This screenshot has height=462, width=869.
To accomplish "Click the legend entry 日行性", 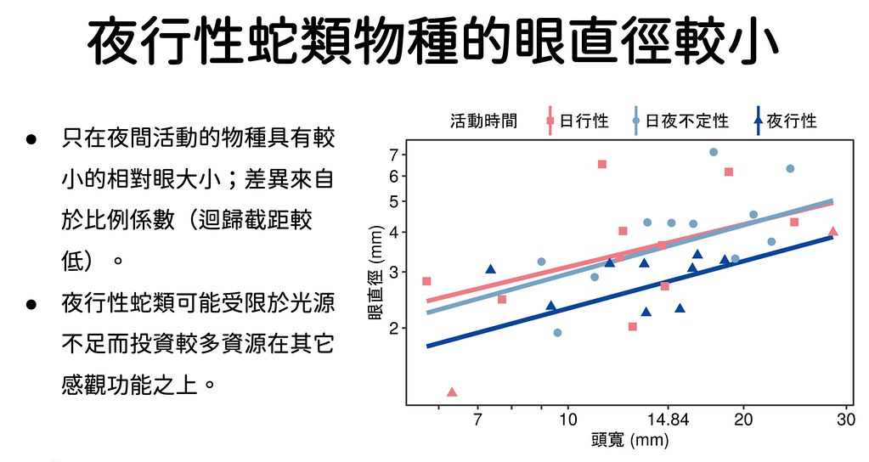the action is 577,121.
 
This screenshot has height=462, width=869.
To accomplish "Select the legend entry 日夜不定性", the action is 680,121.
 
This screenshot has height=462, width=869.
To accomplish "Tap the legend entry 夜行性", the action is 785,121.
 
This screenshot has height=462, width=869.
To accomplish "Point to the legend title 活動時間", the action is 484,121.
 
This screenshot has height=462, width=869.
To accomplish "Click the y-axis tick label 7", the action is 394,155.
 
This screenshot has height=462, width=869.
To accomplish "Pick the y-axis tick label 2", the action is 394,329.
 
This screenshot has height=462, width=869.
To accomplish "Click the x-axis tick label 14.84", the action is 669,420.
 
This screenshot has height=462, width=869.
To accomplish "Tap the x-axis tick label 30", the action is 846,420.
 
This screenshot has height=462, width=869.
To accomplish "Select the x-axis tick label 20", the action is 743,420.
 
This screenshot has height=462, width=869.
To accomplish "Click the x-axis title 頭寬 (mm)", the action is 630,441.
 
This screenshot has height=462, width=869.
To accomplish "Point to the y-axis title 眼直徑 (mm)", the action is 375,273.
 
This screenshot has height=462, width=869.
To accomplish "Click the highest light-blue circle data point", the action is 714,152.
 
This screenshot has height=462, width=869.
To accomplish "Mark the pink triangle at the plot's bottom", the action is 452,392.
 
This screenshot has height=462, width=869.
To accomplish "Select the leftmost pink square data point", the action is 426,281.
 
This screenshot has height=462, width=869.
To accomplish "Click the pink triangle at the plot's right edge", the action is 832,232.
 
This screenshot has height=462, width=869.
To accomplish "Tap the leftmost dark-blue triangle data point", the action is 490,269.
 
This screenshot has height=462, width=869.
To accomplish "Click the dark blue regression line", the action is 629,291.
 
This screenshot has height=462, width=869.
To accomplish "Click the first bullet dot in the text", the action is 31,139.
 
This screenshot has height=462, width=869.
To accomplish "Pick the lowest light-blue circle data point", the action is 557,332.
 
